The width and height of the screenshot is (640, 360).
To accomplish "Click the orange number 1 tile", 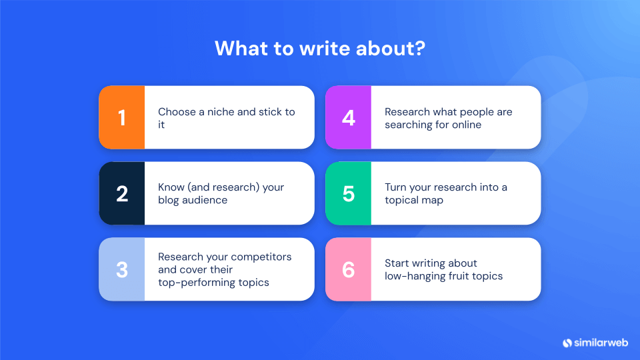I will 121,117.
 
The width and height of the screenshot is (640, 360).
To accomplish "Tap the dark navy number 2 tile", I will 121,193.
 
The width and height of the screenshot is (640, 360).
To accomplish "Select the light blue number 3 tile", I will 121,269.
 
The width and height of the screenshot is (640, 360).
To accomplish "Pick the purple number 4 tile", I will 348,117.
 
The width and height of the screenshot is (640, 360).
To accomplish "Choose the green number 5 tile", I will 348,193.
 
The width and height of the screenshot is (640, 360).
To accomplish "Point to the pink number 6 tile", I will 348,269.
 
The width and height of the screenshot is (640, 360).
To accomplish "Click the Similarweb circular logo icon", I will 567,343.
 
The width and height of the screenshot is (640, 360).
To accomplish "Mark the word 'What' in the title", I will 237,49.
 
